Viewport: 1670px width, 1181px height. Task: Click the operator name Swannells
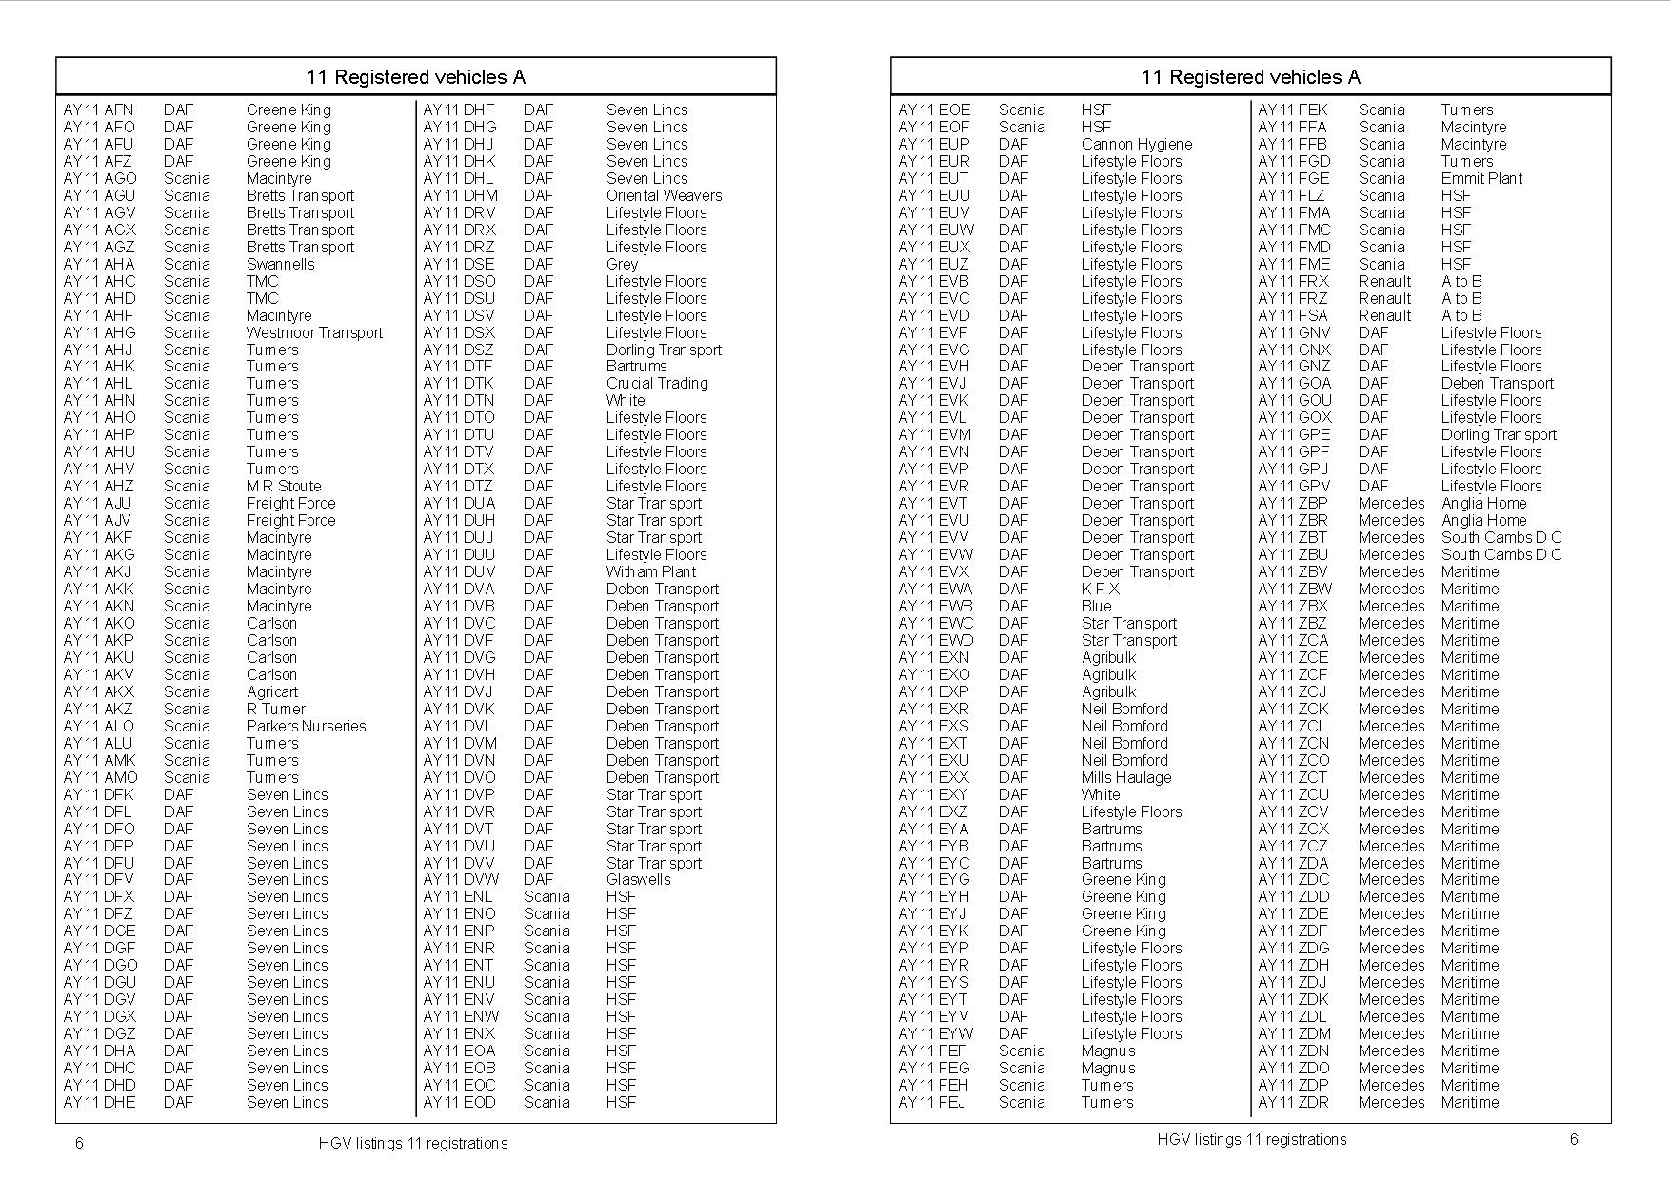tap(280, 264)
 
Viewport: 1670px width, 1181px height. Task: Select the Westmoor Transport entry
tap(314, 332)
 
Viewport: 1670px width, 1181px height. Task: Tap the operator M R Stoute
tap(284, 486)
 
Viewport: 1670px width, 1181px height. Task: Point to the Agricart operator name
tap(271, 691)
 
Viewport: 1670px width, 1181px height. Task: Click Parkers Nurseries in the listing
tap(306, 726)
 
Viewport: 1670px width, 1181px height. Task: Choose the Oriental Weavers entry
tap(664, 195)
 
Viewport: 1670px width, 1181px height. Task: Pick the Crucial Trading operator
tap(657, 383)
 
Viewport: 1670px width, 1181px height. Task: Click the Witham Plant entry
tap(650, 571)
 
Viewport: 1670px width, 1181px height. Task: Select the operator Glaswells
tap(638, 879)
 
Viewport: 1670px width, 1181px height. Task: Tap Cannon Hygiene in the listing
tap(1136, 144)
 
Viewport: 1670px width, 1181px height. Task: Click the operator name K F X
tap(1100, 589)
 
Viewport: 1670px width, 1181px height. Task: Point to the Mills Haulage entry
tap(1125, 777)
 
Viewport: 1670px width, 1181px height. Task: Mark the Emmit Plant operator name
tap(1481, 178)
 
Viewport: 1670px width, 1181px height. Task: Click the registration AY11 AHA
tap(99, 264)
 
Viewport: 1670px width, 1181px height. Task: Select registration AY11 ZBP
tap(1292, 503)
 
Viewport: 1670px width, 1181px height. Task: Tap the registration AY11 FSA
tap(1292, 315)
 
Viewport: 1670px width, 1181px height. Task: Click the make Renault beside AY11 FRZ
tap(1384, 298)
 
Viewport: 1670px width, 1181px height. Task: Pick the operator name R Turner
tap(275, 709)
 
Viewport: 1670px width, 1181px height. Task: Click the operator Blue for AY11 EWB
tap(1096, 606)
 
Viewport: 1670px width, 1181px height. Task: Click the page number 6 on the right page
tap(1574, 1139)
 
